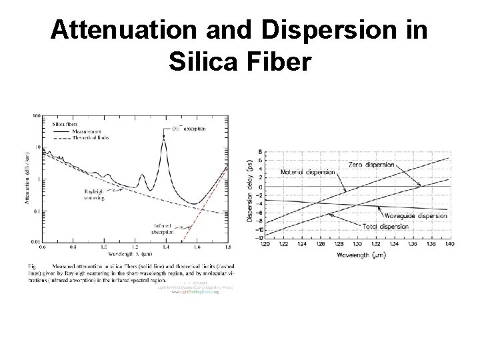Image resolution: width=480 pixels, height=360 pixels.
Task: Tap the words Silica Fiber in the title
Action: tap(240, 63)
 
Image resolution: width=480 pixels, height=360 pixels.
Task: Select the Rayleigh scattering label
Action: tap(91, 193)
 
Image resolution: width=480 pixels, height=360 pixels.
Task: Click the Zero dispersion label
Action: tap(371, 164)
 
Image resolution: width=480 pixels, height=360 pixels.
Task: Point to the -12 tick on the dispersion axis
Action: tap(260, 238)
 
